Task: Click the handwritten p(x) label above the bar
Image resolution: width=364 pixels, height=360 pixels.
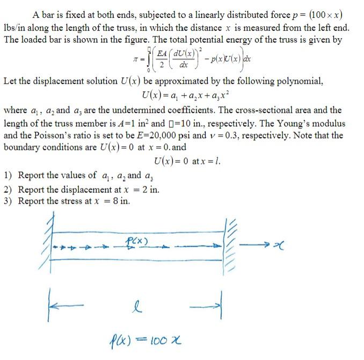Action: point(138,240)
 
